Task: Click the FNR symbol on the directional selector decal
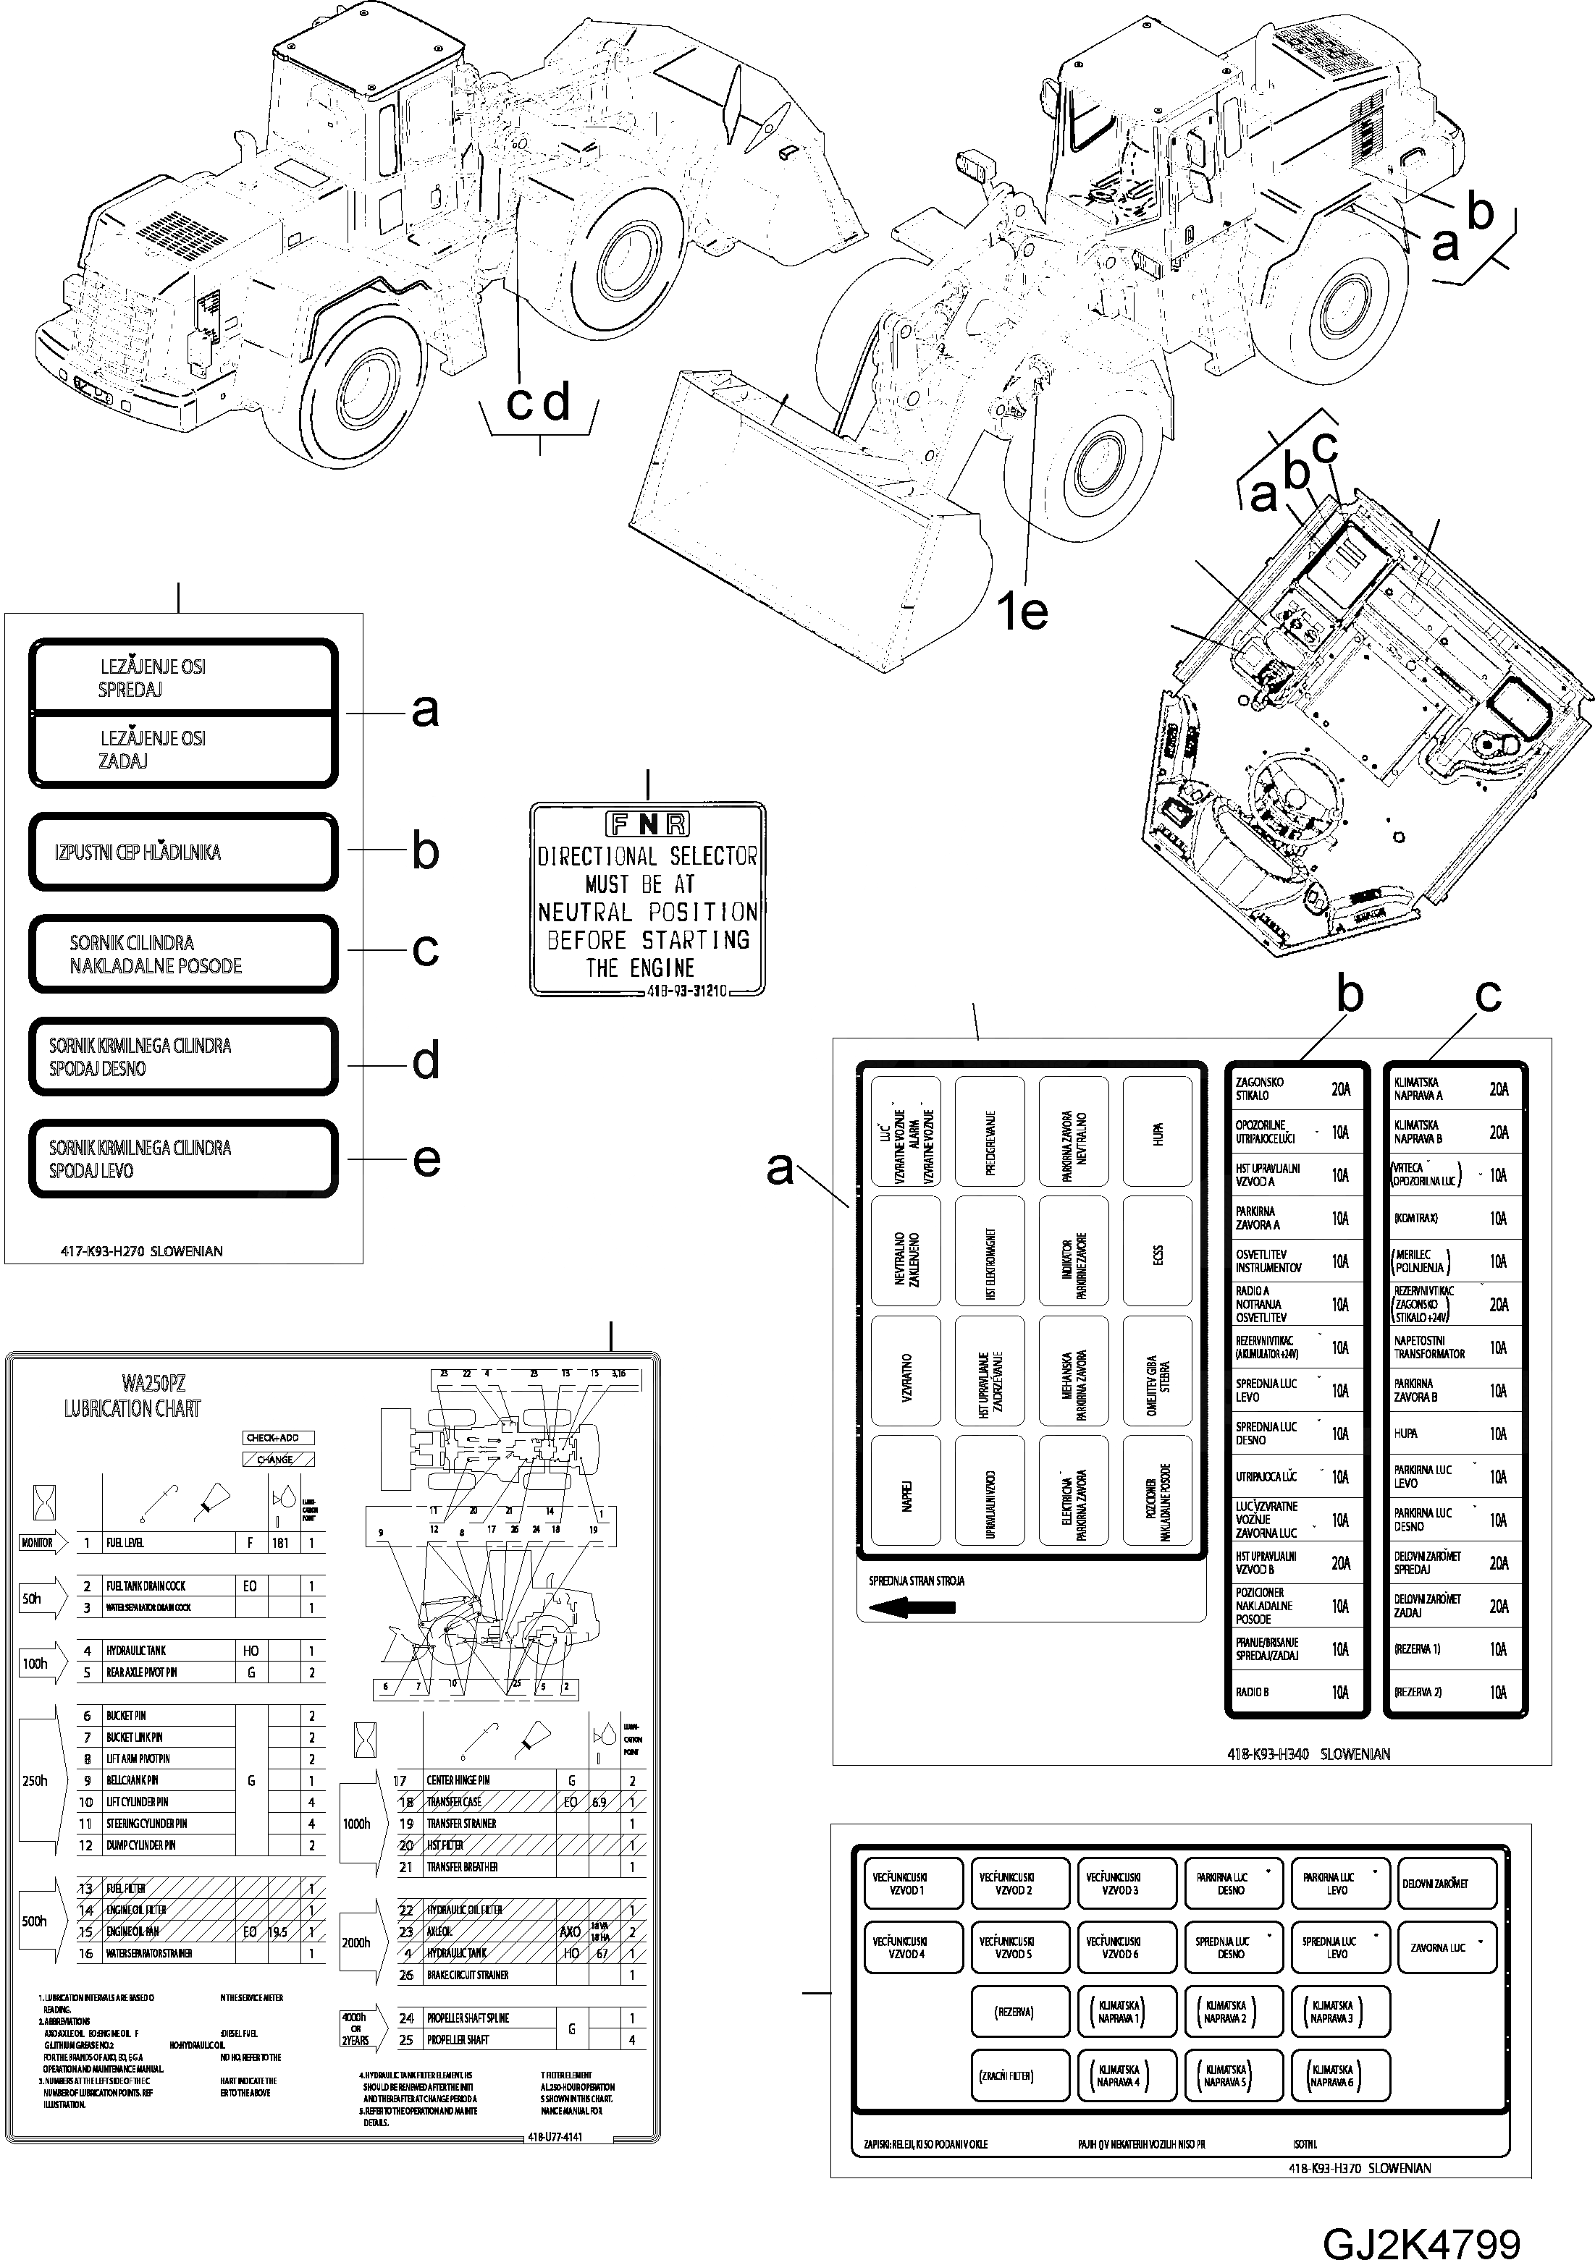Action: pos(647,824)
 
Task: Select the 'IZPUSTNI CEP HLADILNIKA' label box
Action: pos(183,852)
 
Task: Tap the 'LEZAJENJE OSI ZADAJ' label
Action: pos(183,749)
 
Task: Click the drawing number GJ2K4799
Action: pos(1422,2235)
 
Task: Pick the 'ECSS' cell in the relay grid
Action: pos(1157,1255)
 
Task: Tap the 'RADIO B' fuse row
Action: pos(1296,1692)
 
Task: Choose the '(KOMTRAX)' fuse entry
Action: pos(1455,1218)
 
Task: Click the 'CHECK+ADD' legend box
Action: pos(279,1438)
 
